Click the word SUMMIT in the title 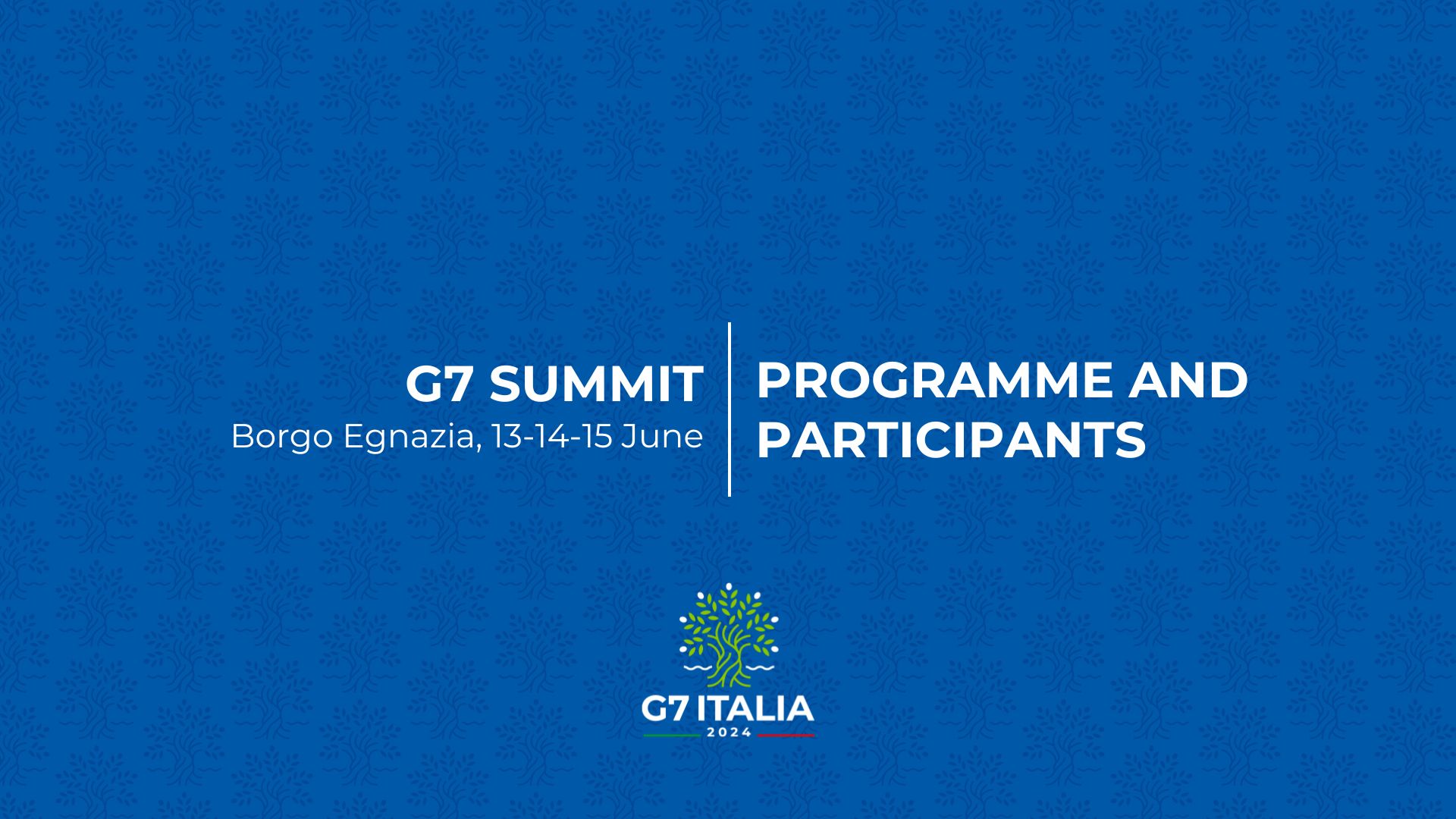596,384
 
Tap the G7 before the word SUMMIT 441,384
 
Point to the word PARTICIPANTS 951,440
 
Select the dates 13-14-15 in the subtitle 552,436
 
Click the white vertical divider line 730,409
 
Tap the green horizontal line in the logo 671,735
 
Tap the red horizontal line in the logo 785,735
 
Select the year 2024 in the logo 728,733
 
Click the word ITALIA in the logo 755,709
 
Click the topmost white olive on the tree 729,586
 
